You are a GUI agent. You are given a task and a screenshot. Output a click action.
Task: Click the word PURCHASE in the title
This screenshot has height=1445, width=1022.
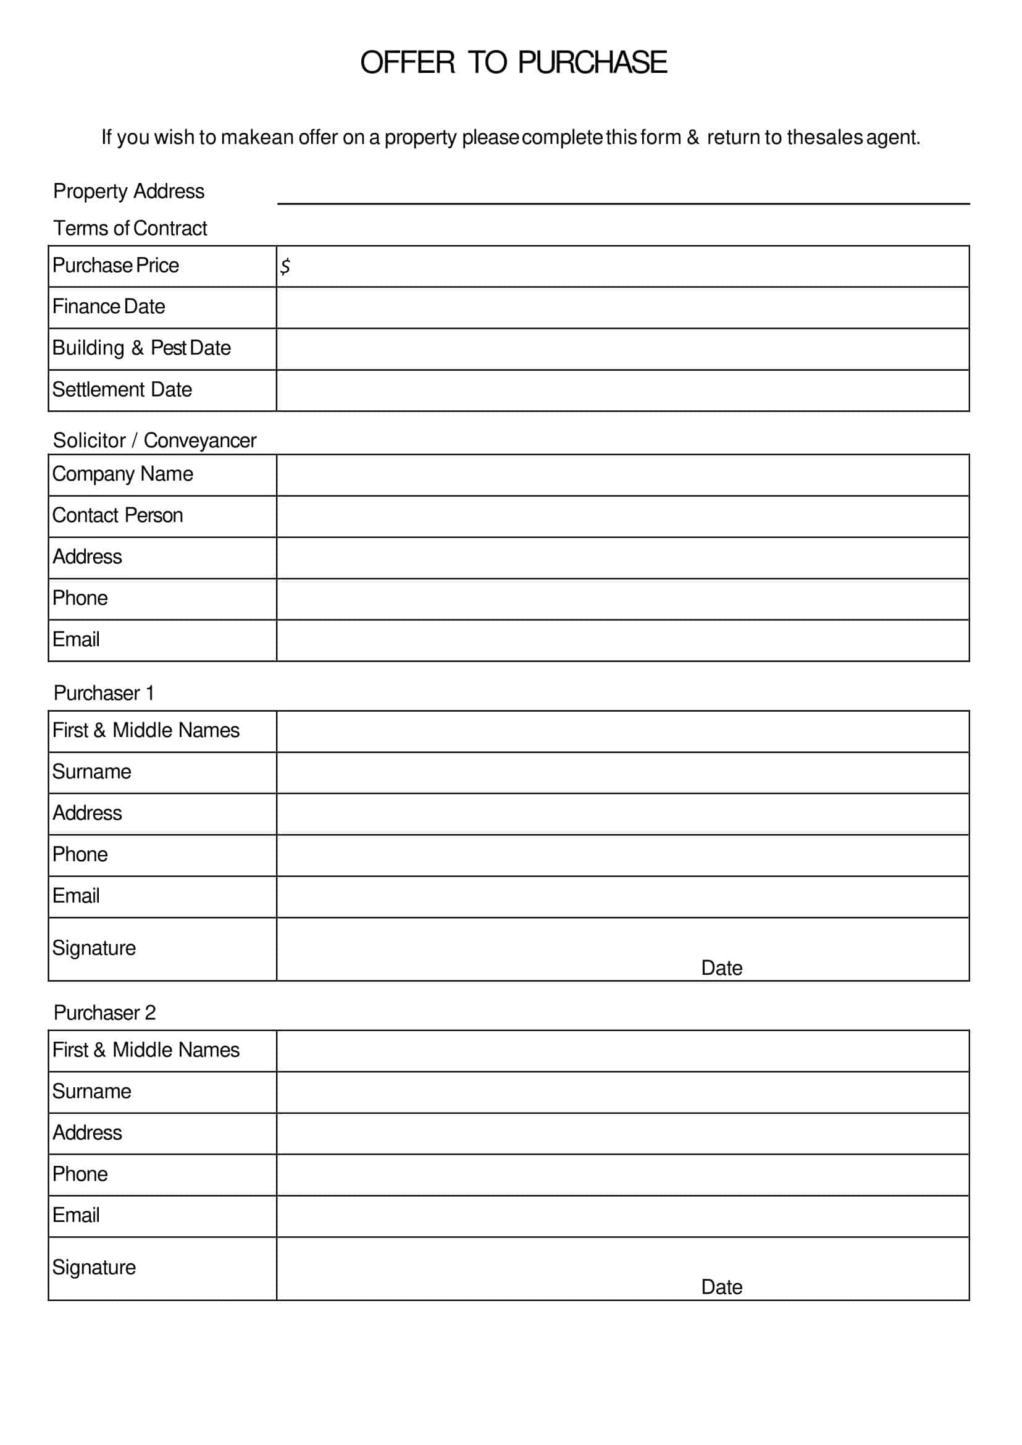(x=592, y=62)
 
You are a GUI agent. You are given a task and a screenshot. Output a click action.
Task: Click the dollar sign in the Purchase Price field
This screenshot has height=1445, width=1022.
(x=285, y=266)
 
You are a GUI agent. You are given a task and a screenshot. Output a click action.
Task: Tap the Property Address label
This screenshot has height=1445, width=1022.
(x=128, y=191)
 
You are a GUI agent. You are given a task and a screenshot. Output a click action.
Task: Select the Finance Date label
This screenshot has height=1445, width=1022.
(x=108, y=306)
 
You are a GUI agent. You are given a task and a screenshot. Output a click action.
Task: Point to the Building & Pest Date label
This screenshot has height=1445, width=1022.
(x=141, y=348)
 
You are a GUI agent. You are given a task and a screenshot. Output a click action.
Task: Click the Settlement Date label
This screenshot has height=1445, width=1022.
(x=122, y=389)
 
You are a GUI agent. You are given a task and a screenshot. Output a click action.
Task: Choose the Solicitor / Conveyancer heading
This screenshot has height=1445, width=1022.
(x=154, y=440)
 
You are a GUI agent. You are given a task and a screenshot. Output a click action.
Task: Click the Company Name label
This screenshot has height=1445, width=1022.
(x=122, y=473)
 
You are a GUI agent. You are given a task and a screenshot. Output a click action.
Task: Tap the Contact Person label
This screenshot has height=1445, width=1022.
(x=117, y=515)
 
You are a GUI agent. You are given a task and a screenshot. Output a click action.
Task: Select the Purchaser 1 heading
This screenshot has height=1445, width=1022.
(x=103, y=693)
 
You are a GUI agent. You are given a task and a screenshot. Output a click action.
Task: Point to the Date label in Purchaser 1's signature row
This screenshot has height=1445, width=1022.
(x=721, y=967)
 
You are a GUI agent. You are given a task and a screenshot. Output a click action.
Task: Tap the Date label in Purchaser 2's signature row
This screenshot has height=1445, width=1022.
(x=721, y=1287)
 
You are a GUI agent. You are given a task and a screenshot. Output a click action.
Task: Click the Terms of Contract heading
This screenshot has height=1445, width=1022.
(x=130, y=228)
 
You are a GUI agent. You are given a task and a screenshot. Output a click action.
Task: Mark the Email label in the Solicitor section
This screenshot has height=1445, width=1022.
(x=75, y=639)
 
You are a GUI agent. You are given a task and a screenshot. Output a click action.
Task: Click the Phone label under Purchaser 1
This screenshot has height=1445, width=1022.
(x=79, y=854)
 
